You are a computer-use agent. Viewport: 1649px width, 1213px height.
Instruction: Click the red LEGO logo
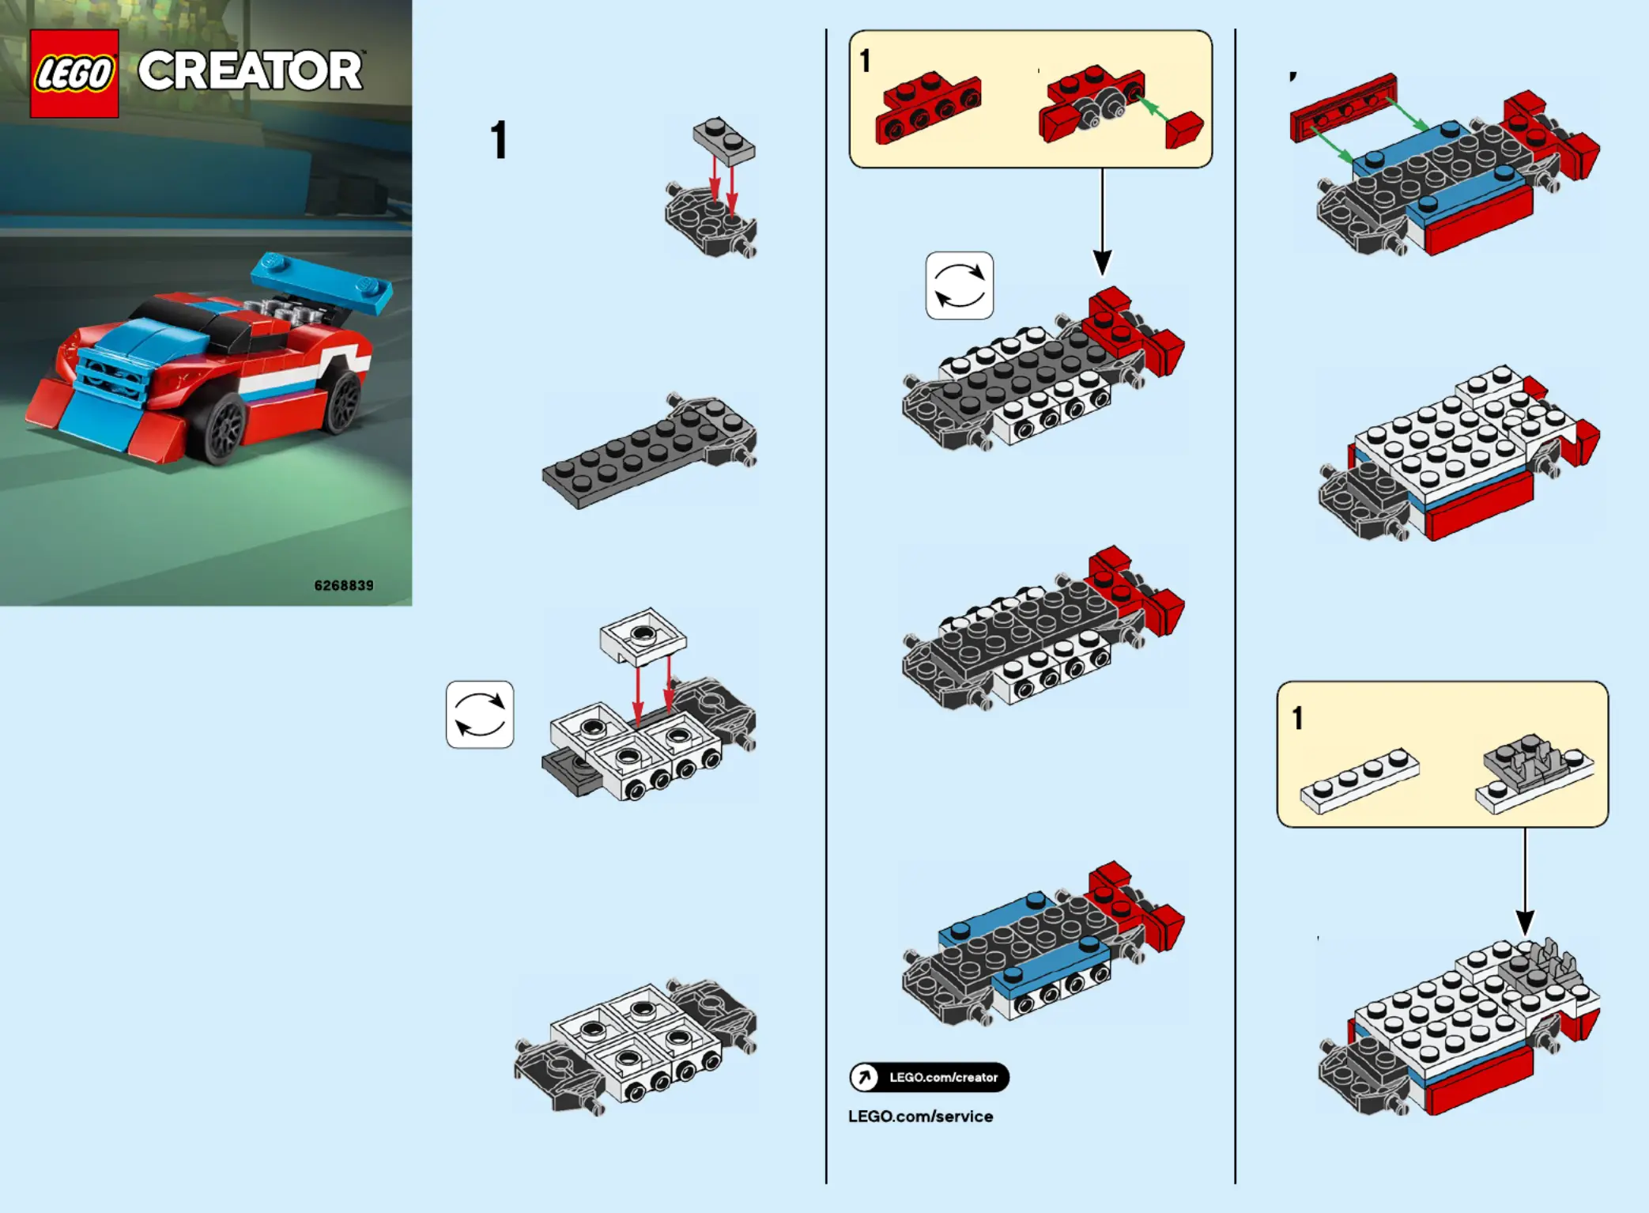(74, 74)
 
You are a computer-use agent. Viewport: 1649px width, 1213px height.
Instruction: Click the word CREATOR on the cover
(251, 70)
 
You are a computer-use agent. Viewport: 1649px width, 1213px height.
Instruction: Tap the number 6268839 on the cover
(344, 585)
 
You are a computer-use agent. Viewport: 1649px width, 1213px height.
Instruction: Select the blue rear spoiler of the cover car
(321, 282)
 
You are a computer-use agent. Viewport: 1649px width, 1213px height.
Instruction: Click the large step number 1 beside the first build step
(498, 141)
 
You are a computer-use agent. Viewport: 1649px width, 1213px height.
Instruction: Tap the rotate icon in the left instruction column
(480, 714)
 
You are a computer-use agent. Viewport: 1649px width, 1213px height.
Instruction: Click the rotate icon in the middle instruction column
(959, 285)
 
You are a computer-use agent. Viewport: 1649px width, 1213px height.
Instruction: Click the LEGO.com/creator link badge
(929, 1077)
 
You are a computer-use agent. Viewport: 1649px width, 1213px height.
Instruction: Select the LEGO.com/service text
(920, 1116)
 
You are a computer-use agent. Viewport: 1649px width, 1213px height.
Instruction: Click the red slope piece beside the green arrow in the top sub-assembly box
(1184, 129)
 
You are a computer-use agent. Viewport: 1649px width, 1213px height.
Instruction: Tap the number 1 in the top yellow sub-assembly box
(866, 61)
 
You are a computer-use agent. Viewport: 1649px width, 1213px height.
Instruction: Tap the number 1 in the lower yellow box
(1297, 718)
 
